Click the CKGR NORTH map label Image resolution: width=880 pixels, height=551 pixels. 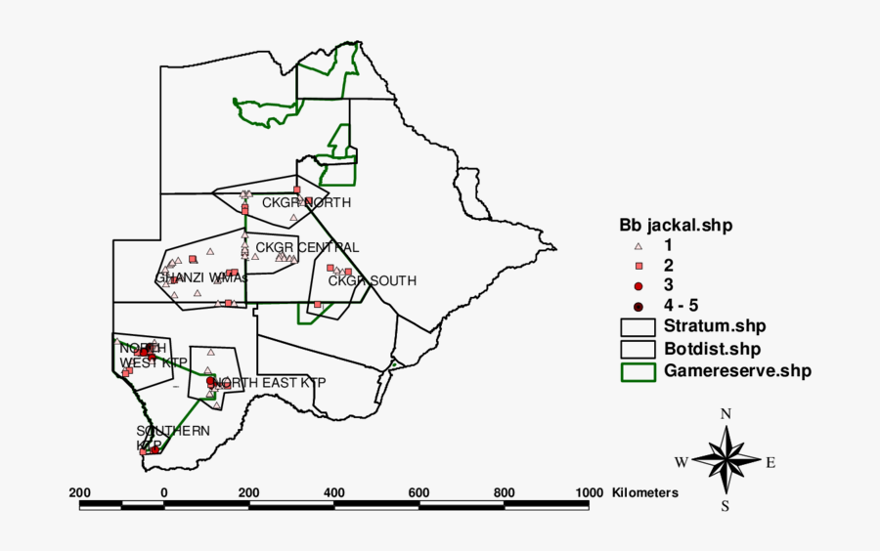[x=305, y=203]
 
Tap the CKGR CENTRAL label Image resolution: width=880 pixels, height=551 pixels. [x=307, y=247]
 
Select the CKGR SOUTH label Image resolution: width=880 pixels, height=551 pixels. [x=372, y=281]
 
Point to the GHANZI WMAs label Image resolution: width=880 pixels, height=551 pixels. [x=201, y=277]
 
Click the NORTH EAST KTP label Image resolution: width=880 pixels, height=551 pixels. [x=267, y=383]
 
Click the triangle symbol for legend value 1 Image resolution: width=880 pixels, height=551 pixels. [x=638, y=245]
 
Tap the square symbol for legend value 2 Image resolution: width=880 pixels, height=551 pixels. [x=638, y=266]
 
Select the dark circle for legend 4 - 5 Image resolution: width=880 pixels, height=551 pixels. [x=638, y=307]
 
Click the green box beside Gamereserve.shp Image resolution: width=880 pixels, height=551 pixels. [x=638, y=370]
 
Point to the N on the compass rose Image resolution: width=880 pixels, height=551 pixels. [x=726, y=414]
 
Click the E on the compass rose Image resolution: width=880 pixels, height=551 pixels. [x=770, y=462]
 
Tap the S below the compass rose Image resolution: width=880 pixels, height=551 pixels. [x=726, y=506]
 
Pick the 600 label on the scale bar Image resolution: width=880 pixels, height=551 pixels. [x=418, y=492]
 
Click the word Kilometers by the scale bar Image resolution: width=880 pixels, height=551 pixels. [x=644, y=492]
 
